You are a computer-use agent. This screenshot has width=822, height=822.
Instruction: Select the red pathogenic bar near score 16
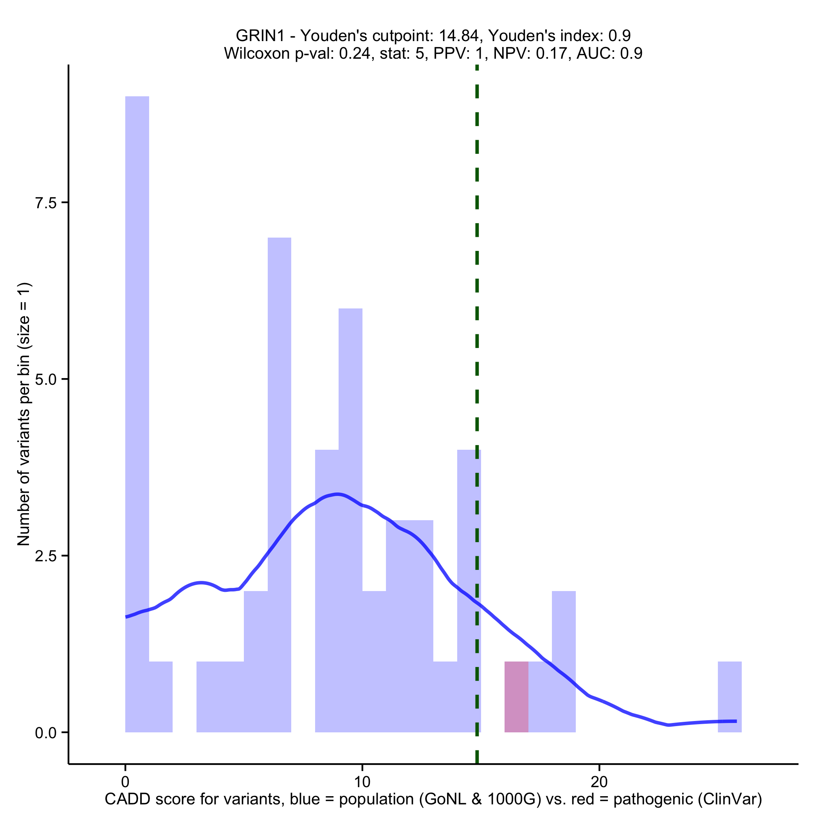tap(516, 696)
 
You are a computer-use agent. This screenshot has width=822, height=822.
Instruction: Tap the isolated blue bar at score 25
tap(729, 696)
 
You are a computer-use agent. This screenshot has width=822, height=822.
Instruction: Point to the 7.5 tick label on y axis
tap(46, 203)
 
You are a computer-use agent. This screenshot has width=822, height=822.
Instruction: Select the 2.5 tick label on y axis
tap(46, 556)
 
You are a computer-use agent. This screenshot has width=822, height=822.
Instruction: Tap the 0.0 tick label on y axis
tap(46, 733)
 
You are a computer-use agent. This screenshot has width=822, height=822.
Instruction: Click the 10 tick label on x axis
tap(362, 782)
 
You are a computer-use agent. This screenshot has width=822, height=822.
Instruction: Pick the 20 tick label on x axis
tap(599, 782)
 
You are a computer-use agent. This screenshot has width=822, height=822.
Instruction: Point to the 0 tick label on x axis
tap(125, 782)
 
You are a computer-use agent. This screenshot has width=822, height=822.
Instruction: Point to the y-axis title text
tap(24, 414)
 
